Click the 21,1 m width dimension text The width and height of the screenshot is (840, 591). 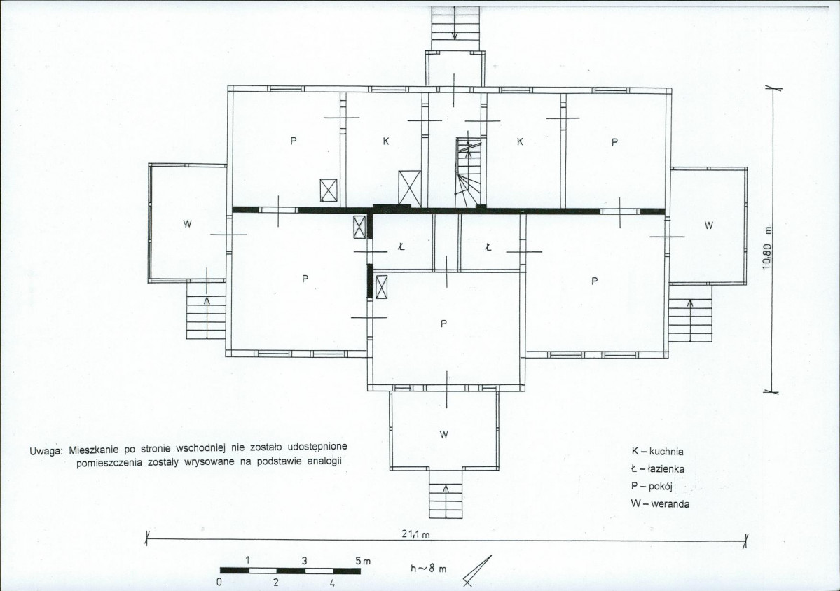coord(415,534)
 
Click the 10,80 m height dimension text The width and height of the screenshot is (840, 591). coord(767,248)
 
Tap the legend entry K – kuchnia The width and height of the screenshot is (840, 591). coord(657,451)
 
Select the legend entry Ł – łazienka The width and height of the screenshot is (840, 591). coord(657,469)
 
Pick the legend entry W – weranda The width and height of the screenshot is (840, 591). coord(660,503)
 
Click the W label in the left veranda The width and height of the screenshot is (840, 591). coord(187,224)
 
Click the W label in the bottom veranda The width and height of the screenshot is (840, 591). coord(443,435)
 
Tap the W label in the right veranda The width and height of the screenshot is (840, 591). coord(709,225)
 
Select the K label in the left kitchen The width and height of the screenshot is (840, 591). coord(386,141)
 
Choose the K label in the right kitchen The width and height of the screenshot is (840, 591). coord(520,142)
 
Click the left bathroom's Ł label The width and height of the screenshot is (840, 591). coord(401,246)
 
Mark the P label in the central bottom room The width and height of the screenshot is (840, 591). coord(443,324)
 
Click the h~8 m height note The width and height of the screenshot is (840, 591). coord(428,569)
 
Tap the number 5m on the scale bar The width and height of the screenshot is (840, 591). coord(363,561)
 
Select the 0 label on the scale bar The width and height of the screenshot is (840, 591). coord(220,583)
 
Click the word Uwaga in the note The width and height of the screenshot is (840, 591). coord(47,451)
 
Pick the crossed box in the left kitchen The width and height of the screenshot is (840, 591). coord(410,188)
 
